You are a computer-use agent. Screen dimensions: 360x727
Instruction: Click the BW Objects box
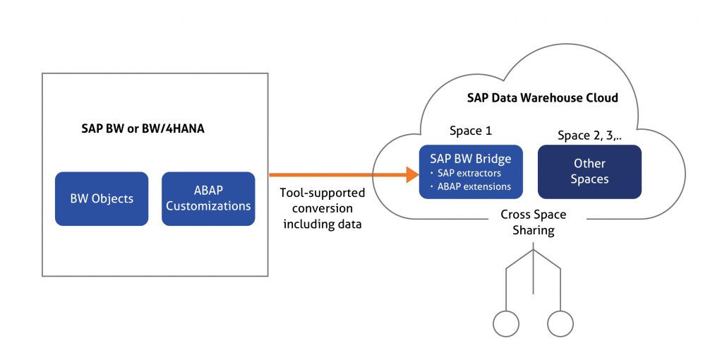(102, 199)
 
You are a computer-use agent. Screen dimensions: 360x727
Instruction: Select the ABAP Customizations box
(208, 199)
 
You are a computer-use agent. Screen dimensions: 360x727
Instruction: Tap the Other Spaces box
(589, 172)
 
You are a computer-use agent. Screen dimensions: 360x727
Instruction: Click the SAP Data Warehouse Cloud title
(542, 97)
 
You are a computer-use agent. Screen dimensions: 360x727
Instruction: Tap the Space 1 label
(470, 131)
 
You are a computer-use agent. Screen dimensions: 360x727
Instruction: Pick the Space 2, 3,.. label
(589, 135)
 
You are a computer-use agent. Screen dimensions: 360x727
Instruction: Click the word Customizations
(208, 206)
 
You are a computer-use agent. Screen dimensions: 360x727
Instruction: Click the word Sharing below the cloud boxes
(534, 230)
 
